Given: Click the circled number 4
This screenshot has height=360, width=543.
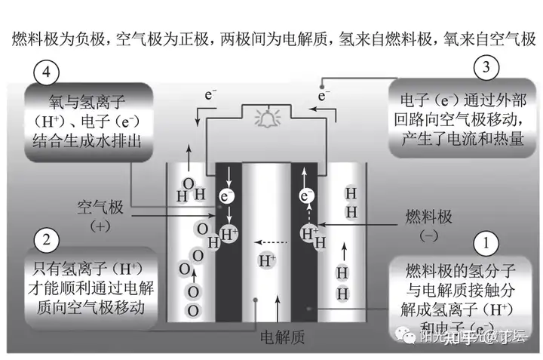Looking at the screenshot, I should pyautogui.click(x=48, y=74).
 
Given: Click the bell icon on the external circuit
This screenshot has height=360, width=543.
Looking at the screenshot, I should pyautogui.click(x=267, y=118).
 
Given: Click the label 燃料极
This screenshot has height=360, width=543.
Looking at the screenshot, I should pyautogui.click(x=429, y=217).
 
